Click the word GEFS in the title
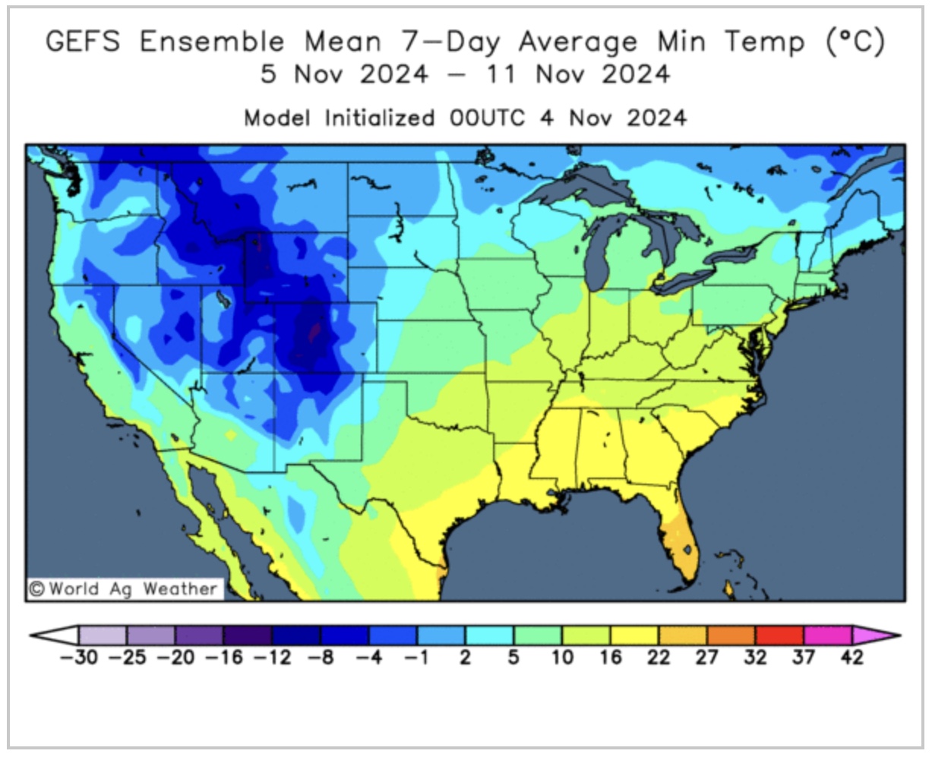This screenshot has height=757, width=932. (x=83, y=43)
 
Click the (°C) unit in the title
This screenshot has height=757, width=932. (x=855, y=43)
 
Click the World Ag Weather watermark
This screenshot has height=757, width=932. (x=124, y=588)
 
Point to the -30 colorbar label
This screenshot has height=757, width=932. (x=78, y=658)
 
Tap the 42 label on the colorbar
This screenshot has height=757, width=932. (x=852, y=658)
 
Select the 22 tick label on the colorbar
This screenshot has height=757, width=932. (x=659, y=658)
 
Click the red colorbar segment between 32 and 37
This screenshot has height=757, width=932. (x=779, y=635)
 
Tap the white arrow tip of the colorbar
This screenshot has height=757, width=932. (x=54, y=635)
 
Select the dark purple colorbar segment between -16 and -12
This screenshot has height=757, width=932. (x=248, y=635)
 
